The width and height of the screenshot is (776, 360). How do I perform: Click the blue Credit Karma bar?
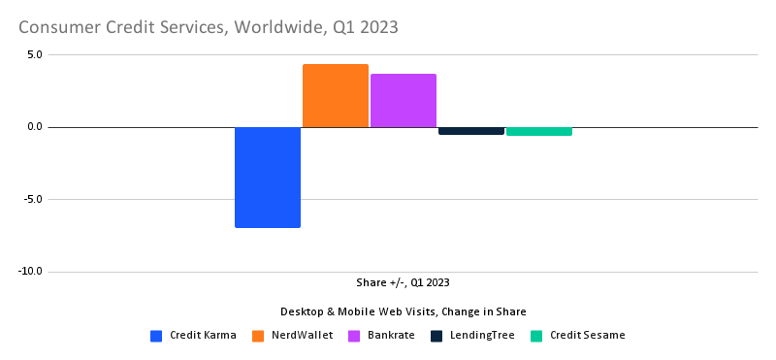[268, 178]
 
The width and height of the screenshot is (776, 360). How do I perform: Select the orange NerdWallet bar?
[336, 96]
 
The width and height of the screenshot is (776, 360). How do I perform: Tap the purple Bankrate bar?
[404, 101]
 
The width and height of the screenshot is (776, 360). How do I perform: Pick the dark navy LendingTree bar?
[471, 131]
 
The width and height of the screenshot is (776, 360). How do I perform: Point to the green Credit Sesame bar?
[539, 131]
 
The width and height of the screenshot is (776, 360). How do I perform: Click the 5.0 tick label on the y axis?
[34, 54]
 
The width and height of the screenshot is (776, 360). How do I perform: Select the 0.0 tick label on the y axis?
[34, 127]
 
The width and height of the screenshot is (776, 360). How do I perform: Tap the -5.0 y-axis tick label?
[32, 200]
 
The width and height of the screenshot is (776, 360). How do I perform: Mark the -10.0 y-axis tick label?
[30, 272]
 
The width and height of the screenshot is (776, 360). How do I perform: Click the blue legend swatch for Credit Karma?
[156, 336]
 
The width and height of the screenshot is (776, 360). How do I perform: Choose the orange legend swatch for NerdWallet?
[259, 336]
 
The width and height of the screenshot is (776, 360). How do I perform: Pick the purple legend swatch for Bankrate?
[354, 336]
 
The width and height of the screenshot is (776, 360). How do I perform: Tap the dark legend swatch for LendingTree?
[436, 336]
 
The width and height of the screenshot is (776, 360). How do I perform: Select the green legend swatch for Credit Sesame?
[536, 336]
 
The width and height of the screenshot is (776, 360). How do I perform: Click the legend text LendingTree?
[483, 336]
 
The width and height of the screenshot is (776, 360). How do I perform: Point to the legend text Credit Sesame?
[588, 336]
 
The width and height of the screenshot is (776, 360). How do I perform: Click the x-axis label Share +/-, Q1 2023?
[403, 283]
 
